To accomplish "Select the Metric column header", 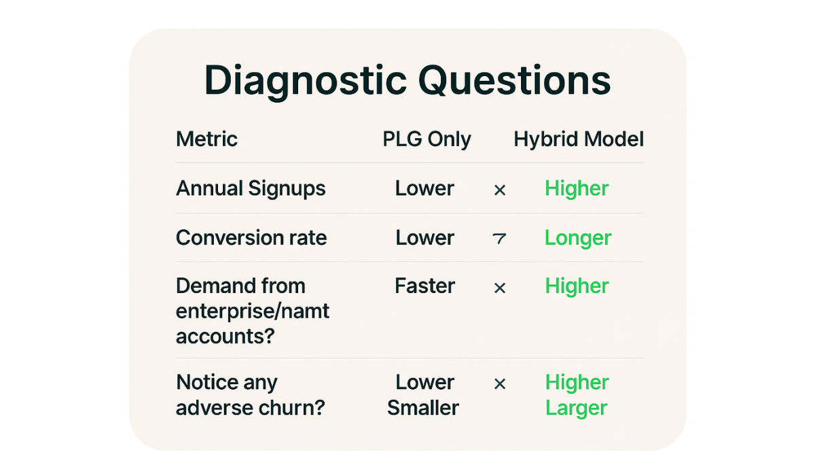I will pyautogui.click(x=206, y=139).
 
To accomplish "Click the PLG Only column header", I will pyautogui.click(x=427, y=139).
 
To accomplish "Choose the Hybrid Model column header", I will pyautogui.click(x=579, y=139).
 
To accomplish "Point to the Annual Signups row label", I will pyautogui.click(x=251, y=188).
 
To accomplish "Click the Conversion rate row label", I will pyautogui.click(x=251, y=238).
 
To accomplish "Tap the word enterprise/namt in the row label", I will pyautogui.click(x=253, y=312).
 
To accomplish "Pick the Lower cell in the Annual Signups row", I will pyautogui.click(x=425, y=188).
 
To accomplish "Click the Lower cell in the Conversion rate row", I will pyautogui.click(x=425, y=238).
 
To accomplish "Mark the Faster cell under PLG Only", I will pyautogui.click(x=425, y=286).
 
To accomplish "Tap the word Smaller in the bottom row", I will pyautogui.click(x=423, y=408).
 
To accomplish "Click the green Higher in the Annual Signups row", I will pyautogui.click(x=577, y=188).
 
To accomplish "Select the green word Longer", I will pyautogui.click(x=578, y=238).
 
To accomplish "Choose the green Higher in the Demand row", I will pyautogui.click(x=577, y=286).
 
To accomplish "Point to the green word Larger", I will pyautogui.click(x=576, y=409).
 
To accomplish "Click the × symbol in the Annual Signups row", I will pyautogui.click(x=500, y=190).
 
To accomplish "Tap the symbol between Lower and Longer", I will pyautogui.click(x=500, y=239).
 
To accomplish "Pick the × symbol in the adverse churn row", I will pyautogui.click(x=500, y=384).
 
